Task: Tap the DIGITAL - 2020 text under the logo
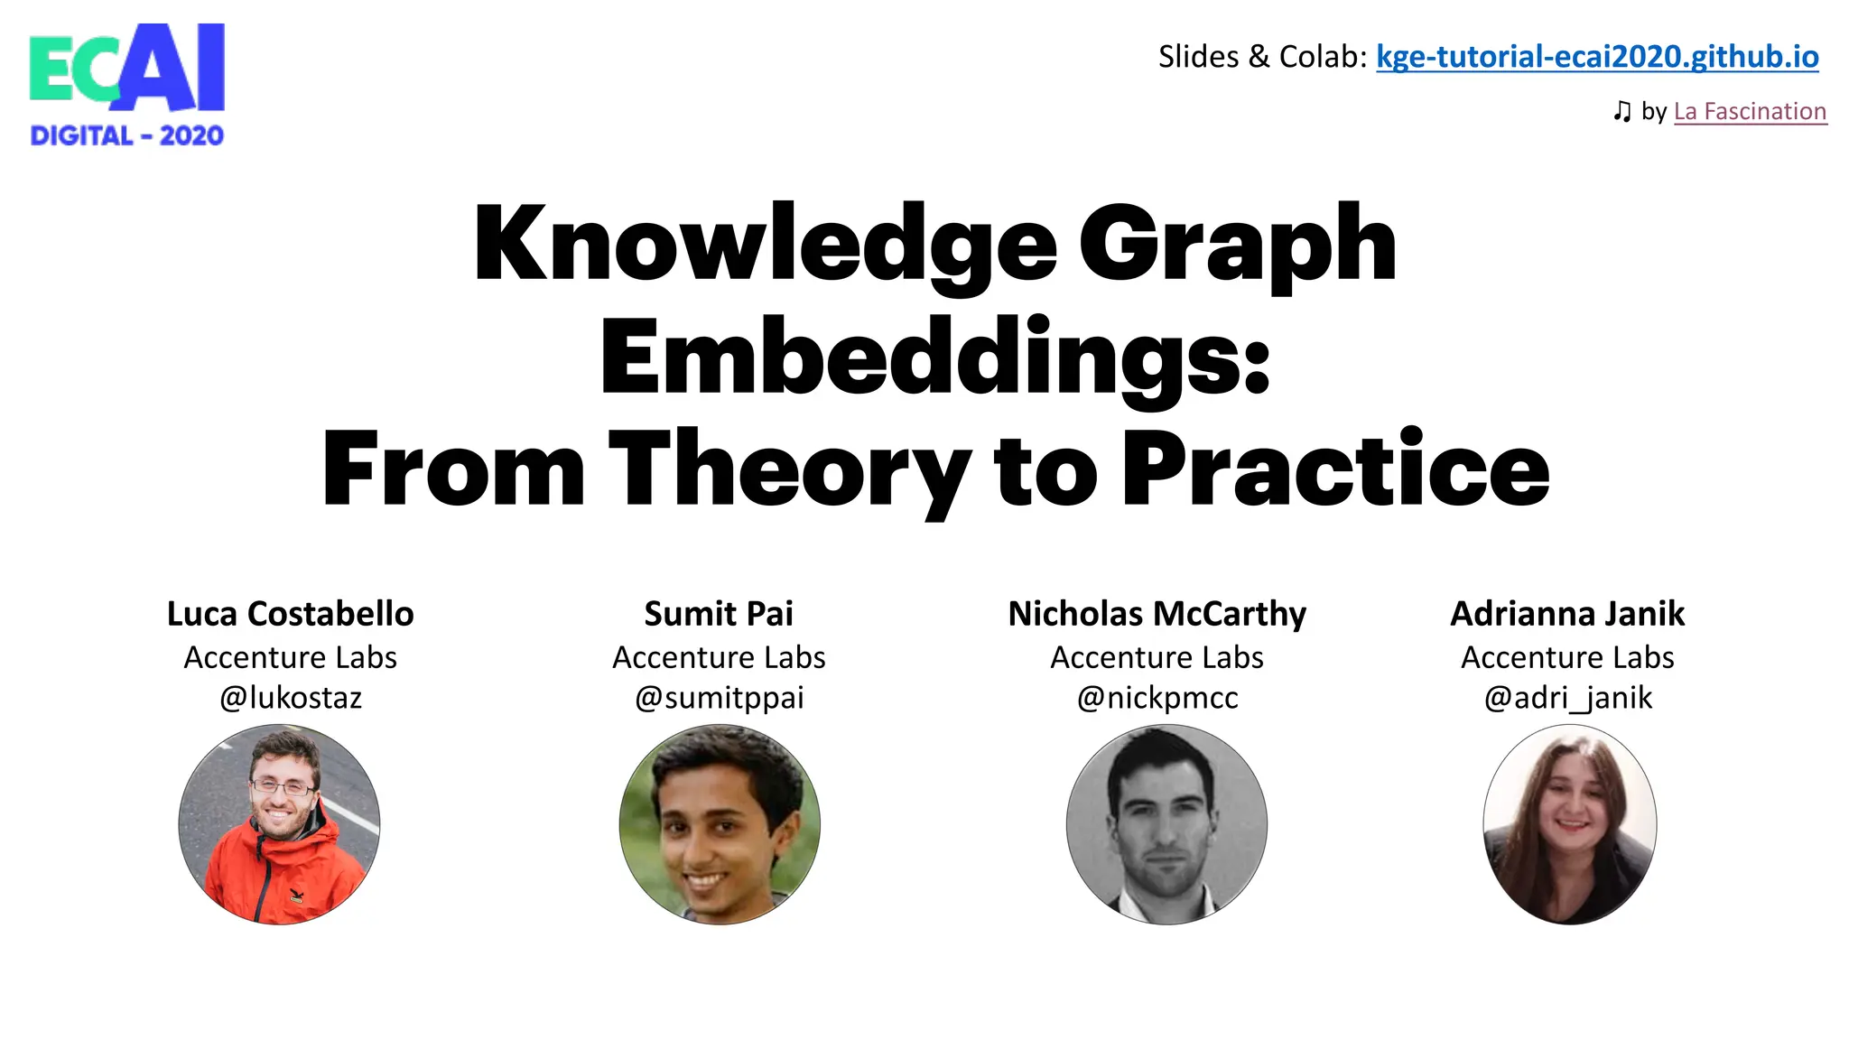point(126,136)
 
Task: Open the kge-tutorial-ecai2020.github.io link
point(1596,57)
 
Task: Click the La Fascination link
point(1750,111)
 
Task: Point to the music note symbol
point(1621,111)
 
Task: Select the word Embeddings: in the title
point(934,357)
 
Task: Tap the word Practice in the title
point(1335,469)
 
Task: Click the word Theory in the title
point(790,469)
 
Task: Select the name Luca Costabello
point(290,614)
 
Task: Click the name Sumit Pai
point(719,614)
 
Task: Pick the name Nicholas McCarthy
point(1157,614)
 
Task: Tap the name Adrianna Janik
point(1567,614)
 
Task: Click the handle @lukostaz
point(290,698)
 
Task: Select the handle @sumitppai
point(719,698)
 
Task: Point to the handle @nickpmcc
point(1157,698)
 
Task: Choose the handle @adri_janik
point(1567,698)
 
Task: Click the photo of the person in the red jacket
point(279,824)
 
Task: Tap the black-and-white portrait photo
point(1166,824)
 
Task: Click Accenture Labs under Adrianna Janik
point(1567,657)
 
